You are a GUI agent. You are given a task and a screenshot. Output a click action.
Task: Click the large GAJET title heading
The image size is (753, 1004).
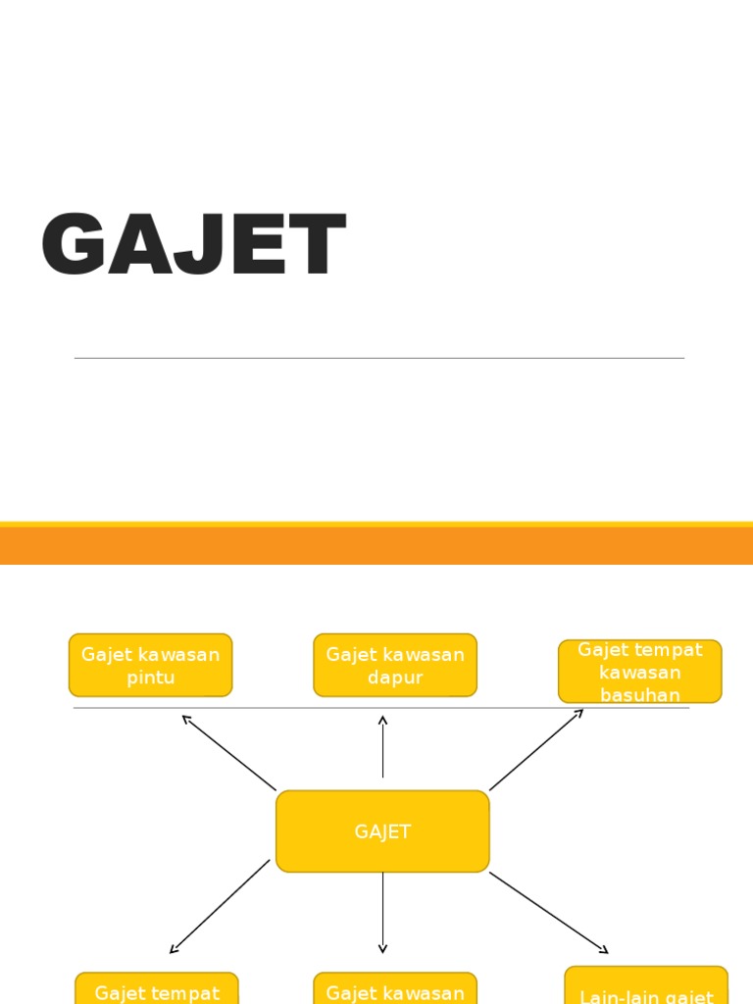point(193,246)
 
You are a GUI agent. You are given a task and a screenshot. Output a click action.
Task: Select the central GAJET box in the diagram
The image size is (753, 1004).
point(382,831)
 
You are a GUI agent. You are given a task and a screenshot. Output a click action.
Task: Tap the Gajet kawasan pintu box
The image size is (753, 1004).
point(150,665)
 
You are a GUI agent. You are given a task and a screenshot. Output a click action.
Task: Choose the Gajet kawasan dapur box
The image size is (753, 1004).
point(395,665)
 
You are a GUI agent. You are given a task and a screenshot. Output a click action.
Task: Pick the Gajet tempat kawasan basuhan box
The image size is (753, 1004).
point(639,672)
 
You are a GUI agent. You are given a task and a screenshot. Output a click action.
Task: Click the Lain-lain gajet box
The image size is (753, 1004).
point(646,988)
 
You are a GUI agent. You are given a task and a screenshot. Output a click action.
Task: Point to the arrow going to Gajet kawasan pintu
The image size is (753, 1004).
point(228,752)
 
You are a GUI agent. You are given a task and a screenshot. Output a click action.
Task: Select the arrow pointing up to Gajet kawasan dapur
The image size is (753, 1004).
point(382,747)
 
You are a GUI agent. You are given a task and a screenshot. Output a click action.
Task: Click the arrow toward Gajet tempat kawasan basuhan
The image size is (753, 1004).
point(536,749)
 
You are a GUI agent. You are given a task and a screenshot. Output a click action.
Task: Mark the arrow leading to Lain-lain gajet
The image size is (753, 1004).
point(549,912)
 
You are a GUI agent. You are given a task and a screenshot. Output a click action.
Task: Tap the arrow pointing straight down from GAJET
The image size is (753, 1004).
point(382,912)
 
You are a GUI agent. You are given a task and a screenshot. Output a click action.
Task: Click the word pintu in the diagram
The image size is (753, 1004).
point(150,678)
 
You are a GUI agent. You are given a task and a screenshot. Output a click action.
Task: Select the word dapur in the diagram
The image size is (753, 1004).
point(395,678)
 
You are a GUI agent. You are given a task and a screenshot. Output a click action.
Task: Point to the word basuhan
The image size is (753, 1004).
point(639,694)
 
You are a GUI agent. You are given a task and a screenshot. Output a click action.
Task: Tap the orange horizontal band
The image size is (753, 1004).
point(376,545)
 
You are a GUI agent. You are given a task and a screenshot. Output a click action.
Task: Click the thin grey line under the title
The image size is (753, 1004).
point(378,358)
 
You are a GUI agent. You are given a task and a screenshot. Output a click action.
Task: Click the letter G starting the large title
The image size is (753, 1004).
point(74,246)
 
